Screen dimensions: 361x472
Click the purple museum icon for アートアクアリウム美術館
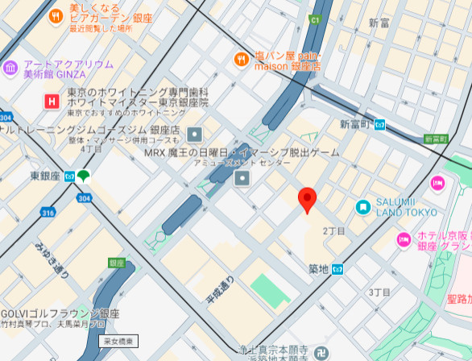(10, 67)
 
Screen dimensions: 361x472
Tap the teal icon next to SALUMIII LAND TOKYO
(363, 207)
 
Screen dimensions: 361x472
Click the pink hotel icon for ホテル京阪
(404, 239)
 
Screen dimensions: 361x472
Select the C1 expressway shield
(315, 18)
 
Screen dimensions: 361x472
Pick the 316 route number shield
(48, 213)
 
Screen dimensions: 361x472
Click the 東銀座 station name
(45, 175)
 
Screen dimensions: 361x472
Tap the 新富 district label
(379, 23)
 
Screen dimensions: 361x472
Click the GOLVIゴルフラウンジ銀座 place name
(60, 313)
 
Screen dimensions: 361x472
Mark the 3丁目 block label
(379, 291)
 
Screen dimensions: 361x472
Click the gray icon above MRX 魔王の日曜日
(194, 135)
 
